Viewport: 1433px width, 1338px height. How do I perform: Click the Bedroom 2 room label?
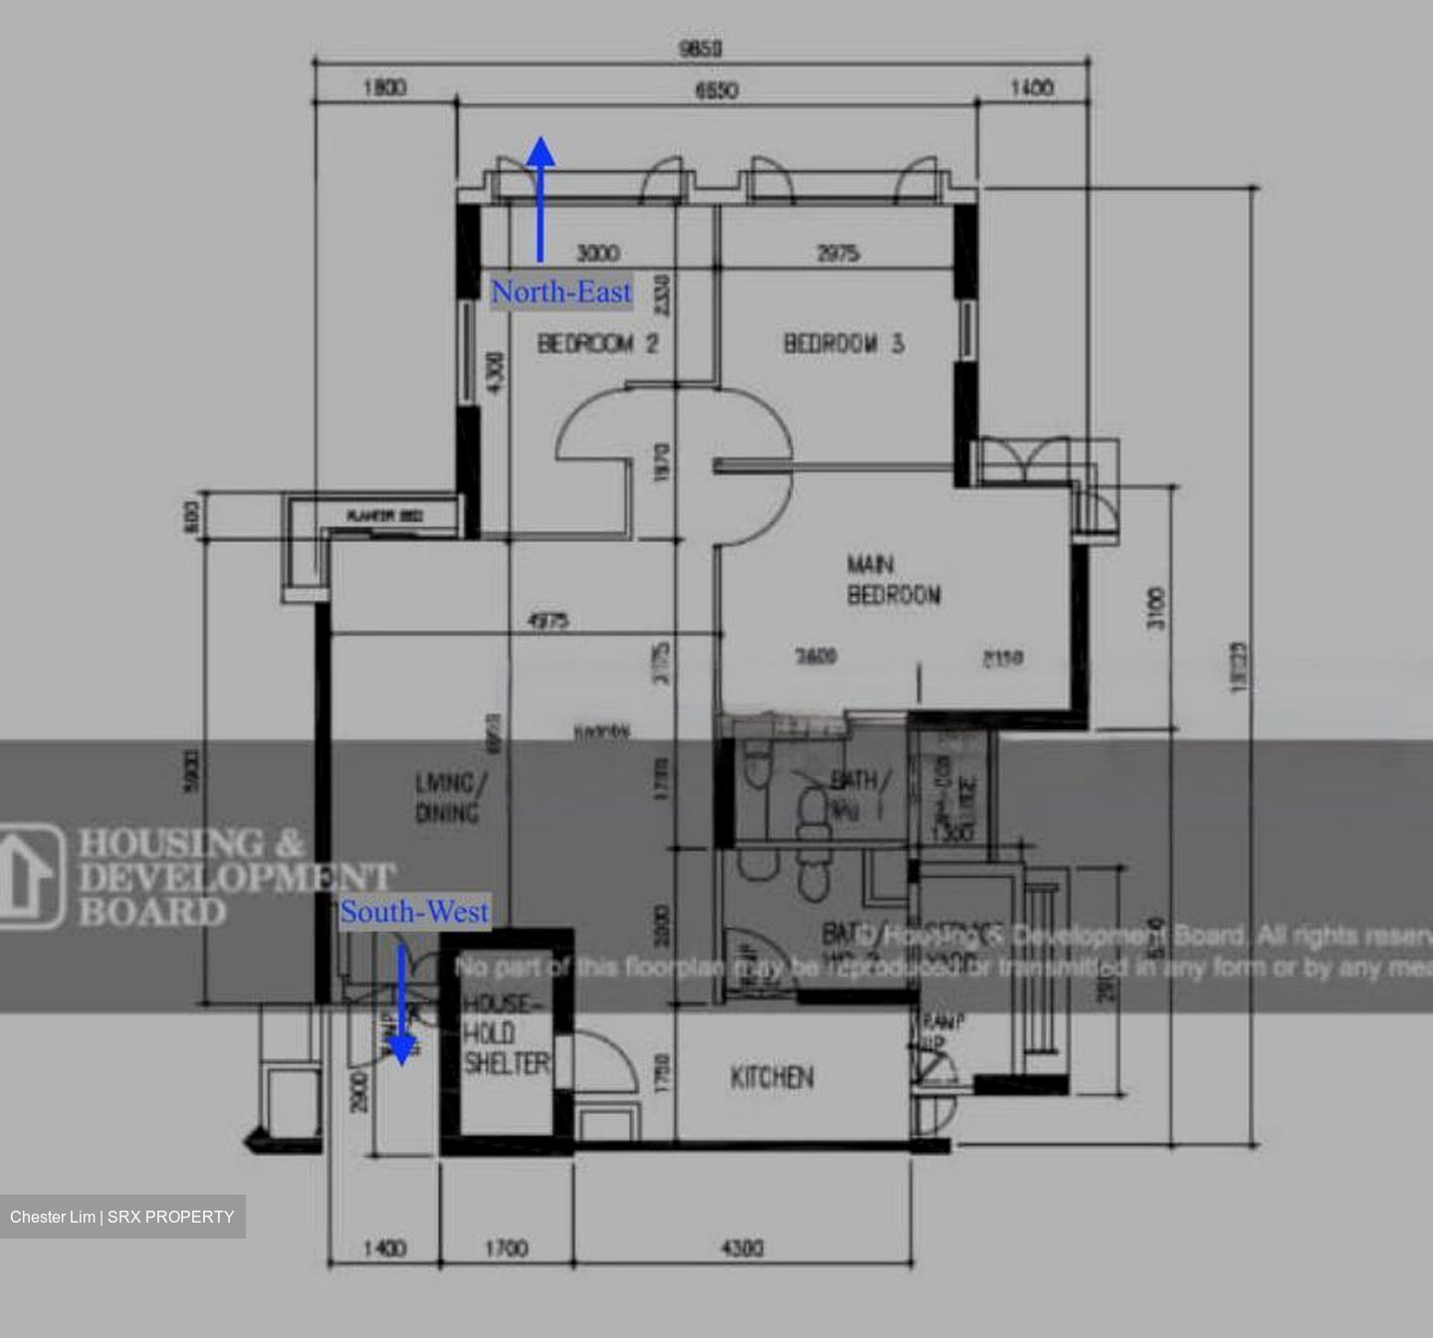coord(598,344)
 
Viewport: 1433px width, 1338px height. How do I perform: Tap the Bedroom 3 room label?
coord(844,344)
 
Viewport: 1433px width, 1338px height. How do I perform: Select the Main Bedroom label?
coord(893,580)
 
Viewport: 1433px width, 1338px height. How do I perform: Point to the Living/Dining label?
coord(447,798)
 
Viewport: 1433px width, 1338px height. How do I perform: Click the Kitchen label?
coord(772,1077)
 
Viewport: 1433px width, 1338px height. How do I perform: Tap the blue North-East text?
coord(561,292)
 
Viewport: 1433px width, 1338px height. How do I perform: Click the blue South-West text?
coord(415,912)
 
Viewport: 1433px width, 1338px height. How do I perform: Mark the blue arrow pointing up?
coord(540,199)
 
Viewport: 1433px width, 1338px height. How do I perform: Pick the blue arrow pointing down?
coord(401,1005)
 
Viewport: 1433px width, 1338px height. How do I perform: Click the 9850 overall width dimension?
coord(700,49)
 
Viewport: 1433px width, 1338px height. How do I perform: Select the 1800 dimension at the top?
coord(385,88)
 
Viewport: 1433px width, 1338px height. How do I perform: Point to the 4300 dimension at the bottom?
coord(741,1247)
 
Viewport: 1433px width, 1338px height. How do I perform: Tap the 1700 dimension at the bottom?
coord(506,1247)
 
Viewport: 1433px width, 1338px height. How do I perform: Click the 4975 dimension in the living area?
coord(547,621)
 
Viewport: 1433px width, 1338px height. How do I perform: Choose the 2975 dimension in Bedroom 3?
coord(838,255)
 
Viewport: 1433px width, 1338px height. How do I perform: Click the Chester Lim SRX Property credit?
coord(122,1217)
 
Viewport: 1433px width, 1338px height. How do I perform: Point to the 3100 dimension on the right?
coord(1154,608)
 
